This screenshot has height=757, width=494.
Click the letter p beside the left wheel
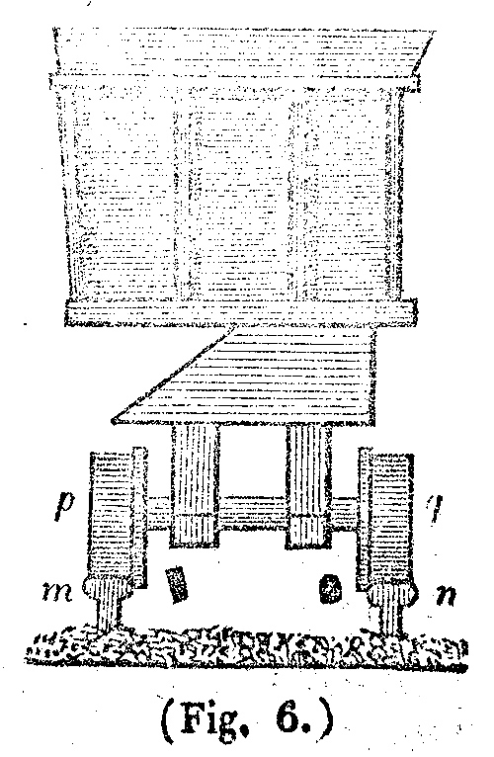(x=64, y=505)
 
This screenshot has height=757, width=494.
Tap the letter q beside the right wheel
(x=433, y=509)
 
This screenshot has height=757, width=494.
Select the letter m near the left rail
(x=57, y=591)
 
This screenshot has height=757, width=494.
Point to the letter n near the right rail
(x=446, y=595)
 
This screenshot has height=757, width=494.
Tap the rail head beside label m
(x=108, y=588)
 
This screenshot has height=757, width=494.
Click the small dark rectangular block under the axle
(x=176, y=584)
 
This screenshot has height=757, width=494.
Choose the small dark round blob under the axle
(x=330, y=588)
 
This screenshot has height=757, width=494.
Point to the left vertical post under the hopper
(x=195, y=485)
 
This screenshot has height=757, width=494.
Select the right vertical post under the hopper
(x=309, y=486)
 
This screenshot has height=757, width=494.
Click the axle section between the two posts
(x=253, y=513)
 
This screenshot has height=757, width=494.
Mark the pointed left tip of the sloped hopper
(x=112, y=422)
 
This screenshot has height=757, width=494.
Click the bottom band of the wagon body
(x=240, y=312)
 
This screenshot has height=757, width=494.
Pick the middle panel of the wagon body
(x=235, y=198)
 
